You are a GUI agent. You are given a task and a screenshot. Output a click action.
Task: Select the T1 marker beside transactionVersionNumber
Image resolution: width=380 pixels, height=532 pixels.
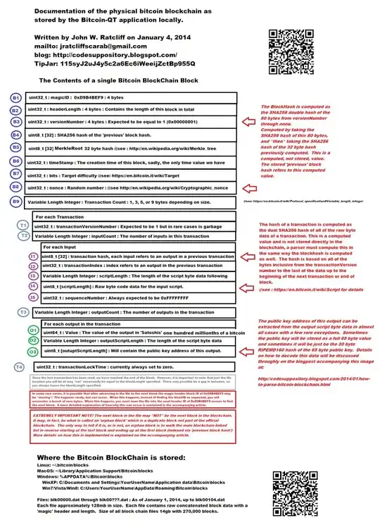(x=23, y=224)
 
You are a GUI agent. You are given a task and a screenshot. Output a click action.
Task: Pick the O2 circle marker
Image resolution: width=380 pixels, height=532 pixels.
(x=32, y=340)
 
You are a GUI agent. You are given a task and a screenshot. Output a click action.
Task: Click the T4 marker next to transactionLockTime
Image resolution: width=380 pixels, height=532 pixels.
(x=20, y=366)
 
